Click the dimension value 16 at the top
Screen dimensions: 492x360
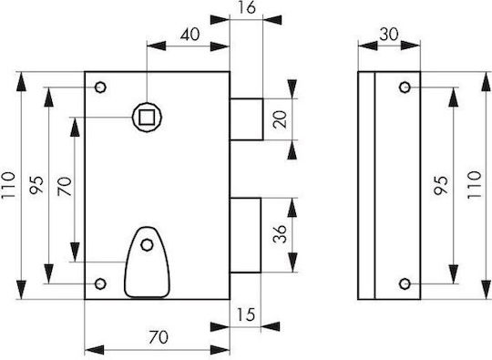tap(247, 7)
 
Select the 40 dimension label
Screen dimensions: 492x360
tap(190, 35)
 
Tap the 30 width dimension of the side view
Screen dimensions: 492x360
tap(389, 35)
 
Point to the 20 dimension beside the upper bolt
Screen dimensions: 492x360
tap(280, 119)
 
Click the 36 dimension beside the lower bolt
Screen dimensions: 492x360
tap(280, 234)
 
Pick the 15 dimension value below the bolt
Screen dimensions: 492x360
tap(246, 314)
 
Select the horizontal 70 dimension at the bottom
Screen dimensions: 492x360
tap(159, 337)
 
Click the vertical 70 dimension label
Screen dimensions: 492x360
tap(65, 187)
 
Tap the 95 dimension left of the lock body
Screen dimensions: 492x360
tap(36, 185)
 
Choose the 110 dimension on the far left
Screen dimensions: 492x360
tap(8, 185)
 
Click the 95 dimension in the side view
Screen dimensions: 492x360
tap(441, 185)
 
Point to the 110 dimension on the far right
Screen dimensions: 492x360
tap(474, 184)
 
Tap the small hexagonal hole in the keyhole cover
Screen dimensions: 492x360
tap(147, 244)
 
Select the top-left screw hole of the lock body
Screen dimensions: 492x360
tap(100, 87)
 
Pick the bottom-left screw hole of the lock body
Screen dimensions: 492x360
tap(100, 283)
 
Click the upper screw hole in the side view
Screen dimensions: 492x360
tap(405, 87)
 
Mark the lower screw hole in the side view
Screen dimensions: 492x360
tap(405, 284)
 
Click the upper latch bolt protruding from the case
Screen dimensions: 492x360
tap(247, 119)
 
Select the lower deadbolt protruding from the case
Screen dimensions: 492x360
tap(245, 235)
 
